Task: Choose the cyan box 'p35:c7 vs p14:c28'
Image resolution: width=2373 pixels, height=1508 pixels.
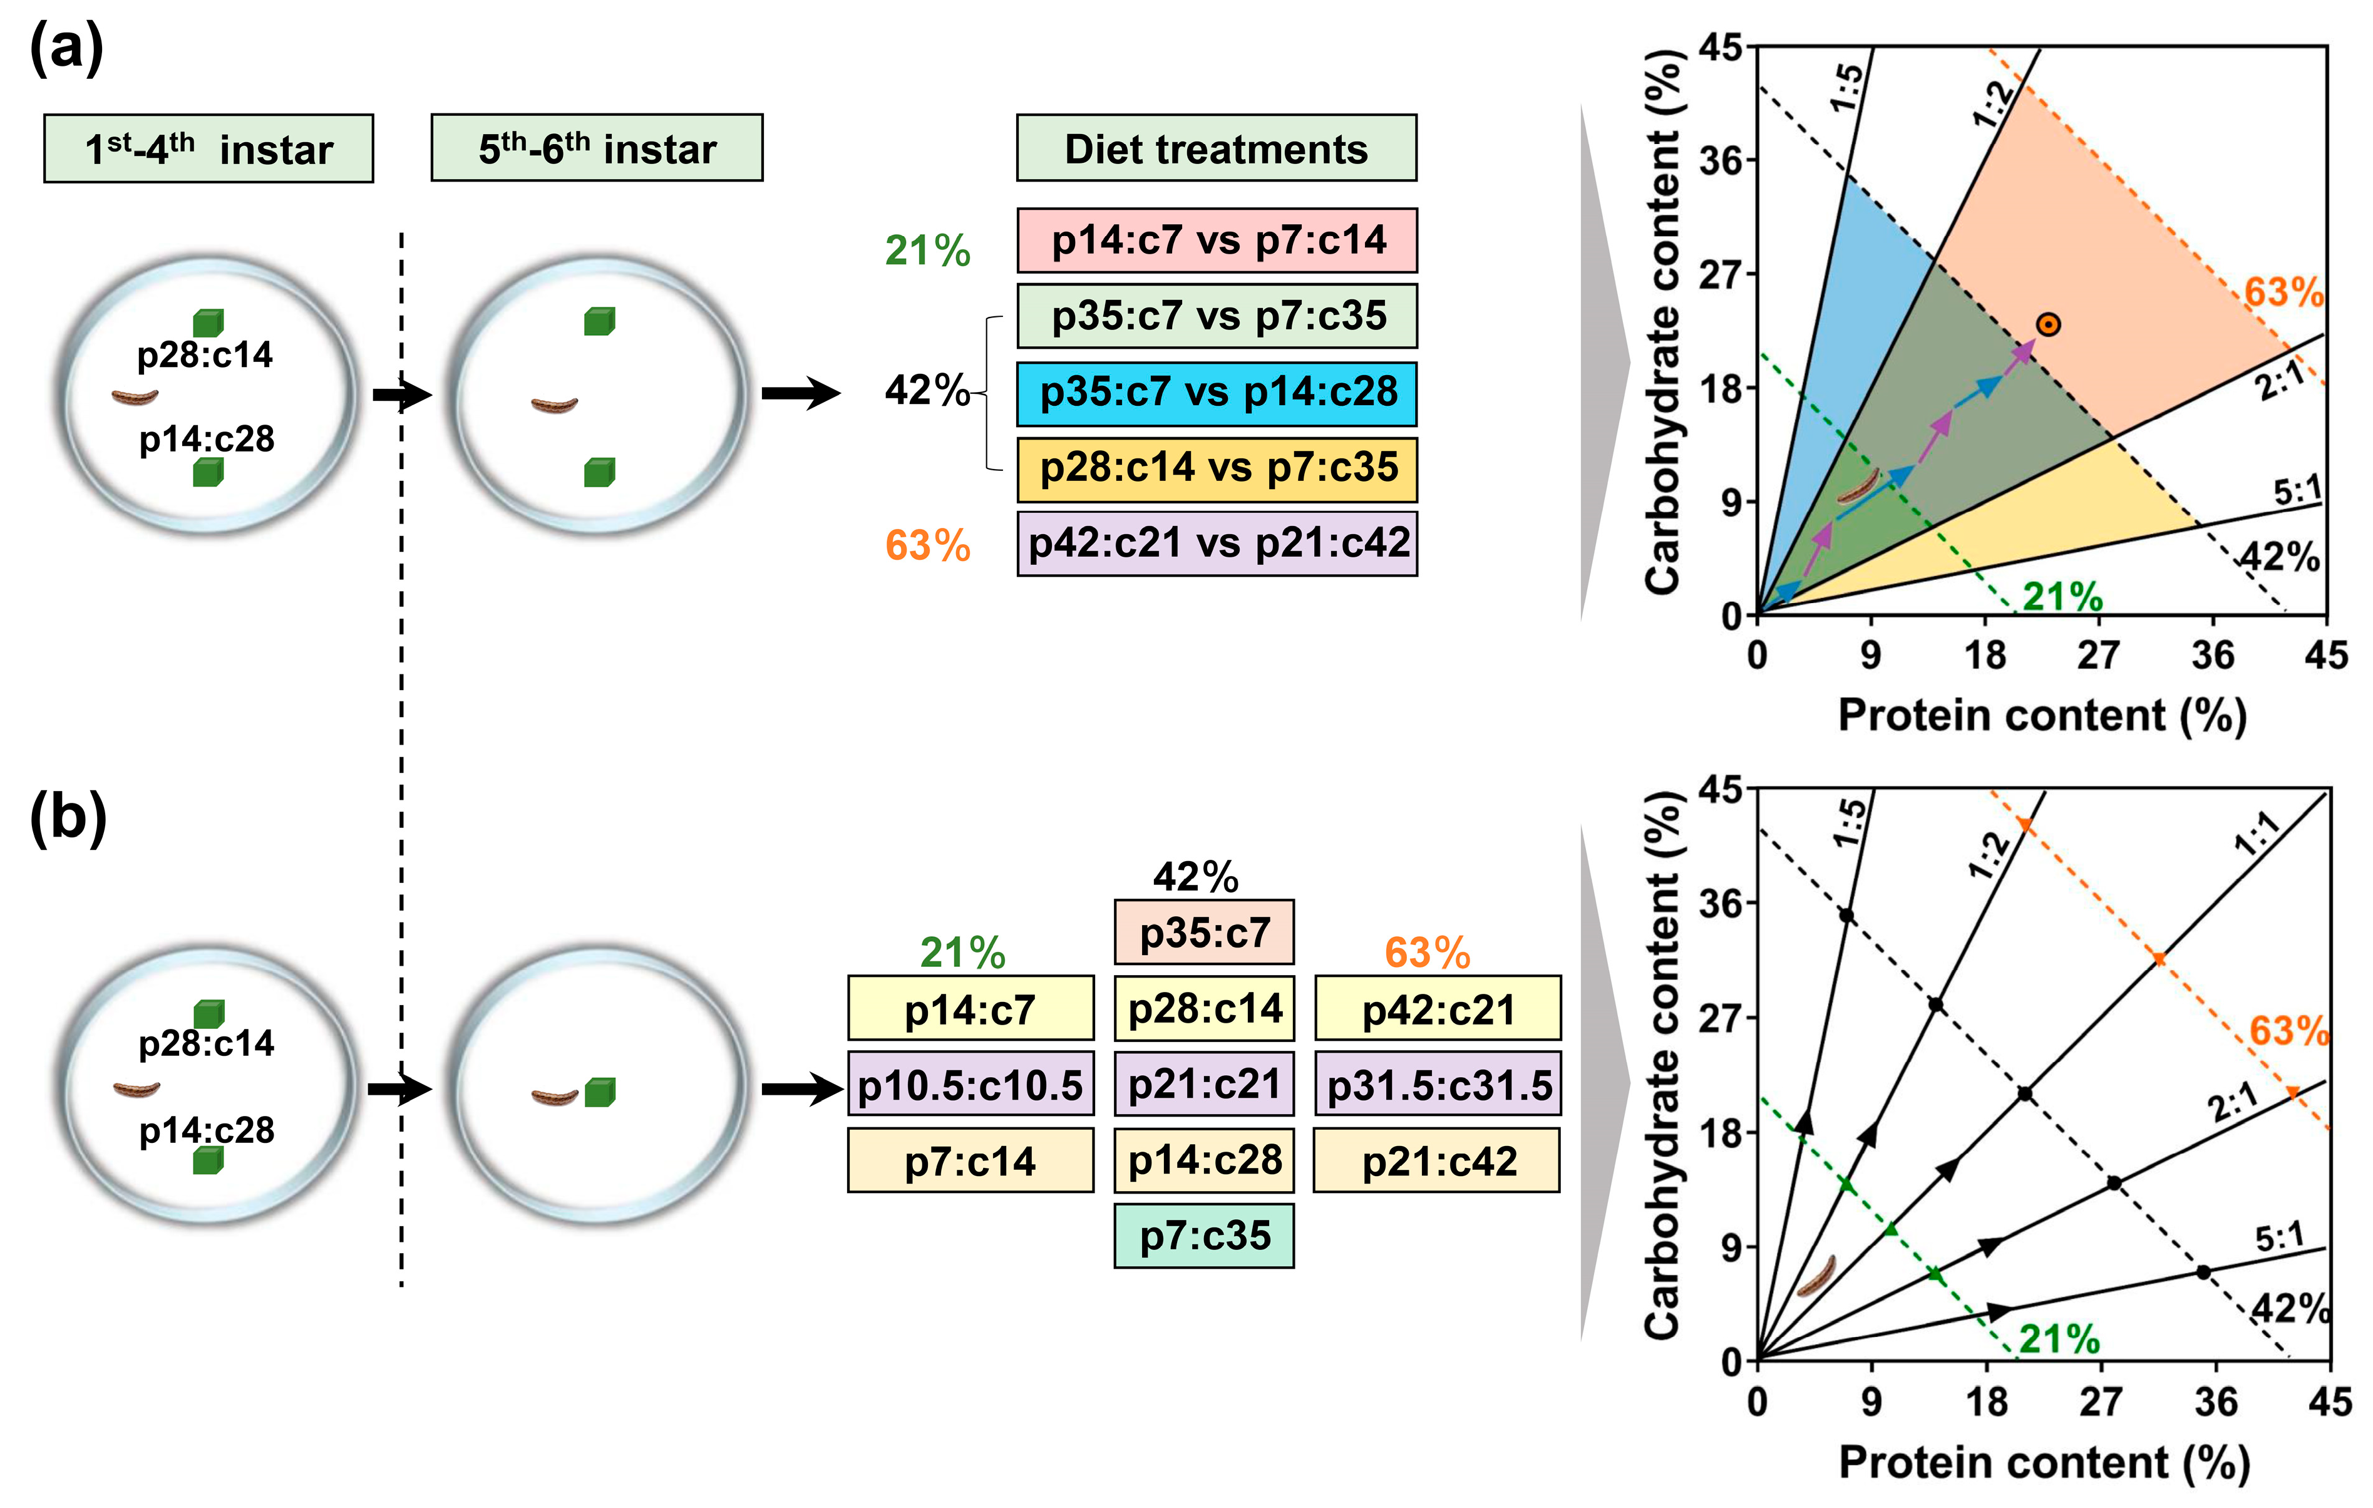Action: coord(1217,392)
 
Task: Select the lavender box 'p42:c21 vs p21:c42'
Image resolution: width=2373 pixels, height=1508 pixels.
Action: coord(1217,543)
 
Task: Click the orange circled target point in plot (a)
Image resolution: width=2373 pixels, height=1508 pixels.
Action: coord(2048,324)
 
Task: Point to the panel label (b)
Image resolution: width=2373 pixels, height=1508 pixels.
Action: coord(67,818)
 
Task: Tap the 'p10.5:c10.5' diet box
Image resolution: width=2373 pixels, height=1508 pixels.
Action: coord(970,1085)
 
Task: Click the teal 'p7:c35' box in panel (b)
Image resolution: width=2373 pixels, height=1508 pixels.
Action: coord(1204,1236)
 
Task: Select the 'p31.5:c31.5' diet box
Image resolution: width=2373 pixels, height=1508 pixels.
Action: coord(1438,1085)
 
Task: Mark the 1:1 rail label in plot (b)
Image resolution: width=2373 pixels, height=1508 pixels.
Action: coord(2257,834)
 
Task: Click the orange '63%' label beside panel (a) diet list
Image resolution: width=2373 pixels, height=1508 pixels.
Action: coord(927,545)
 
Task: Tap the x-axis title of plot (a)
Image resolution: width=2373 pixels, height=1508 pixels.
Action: coord(2042,716)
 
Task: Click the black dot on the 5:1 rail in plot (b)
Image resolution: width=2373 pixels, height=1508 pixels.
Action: coord(2203,1273)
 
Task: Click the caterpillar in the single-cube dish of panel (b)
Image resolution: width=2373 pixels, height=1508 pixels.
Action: coord(554,1096)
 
